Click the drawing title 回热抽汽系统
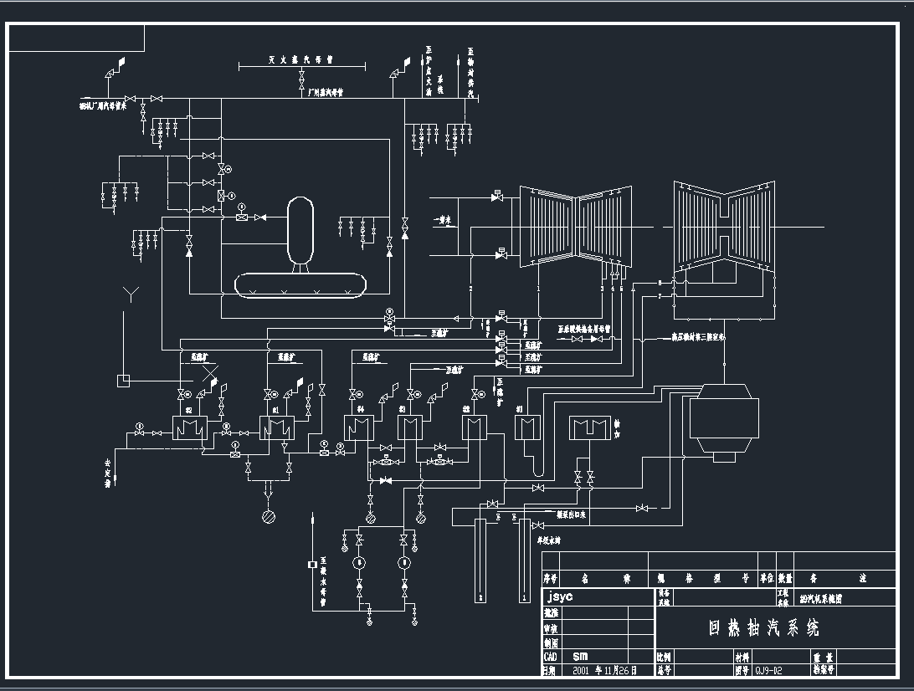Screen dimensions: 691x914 [x=763, y=627]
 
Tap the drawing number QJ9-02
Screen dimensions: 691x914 [x=769, y=670]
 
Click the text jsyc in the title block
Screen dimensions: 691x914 [x=561, y=597]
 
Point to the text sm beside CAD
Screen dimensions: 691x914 [x=581, y=657]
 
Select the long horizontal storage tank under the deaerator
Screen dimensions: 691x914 [x=301, y=284]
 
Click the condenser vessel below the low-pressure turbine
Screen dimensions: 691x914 [x=723, y=423]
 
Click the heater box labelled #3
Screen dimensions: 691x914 [x=408, y=428]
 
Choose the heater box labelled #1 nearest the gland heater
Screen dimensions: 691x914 [x=525, y=428]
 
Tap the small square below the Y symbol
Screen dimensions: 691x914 [x=123, y=380]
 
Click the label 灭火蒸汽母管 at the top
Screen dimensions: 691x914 [x=301, y=60]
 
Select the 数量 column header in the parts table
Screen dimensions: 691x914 [x=784, y=578]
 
